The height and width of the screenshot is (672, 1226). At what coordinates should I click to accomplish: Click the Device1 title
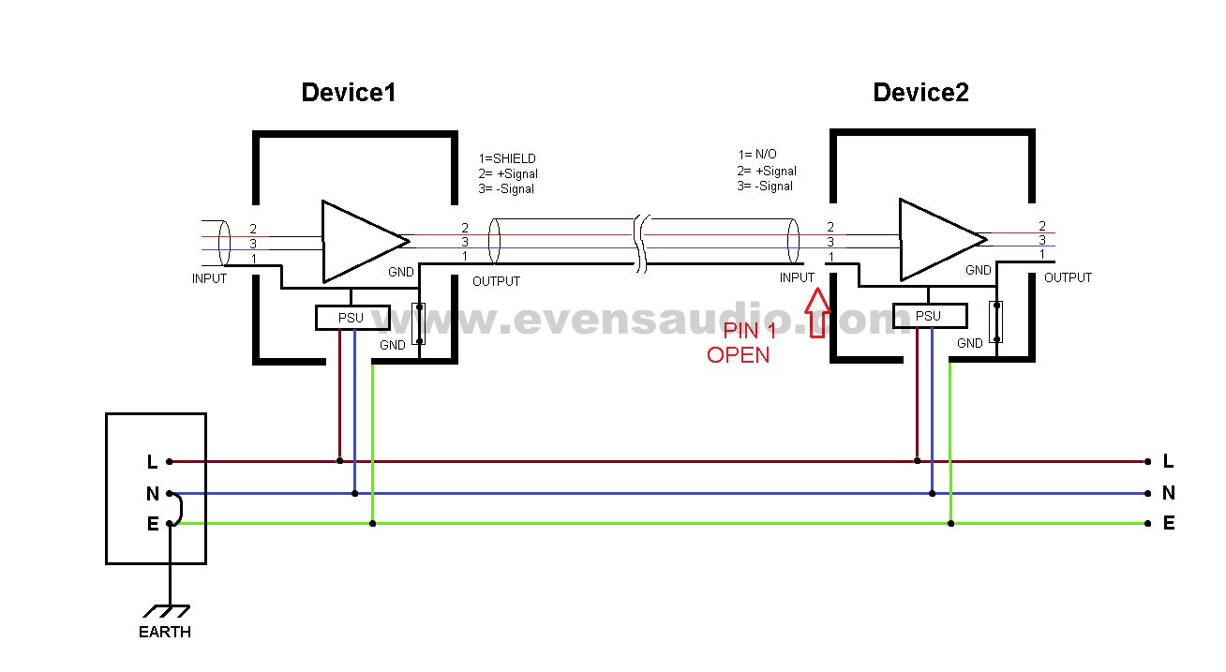click(x=348, y=93)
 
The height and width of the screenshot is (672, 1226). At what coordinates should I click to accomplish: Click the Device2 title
click(x=920, y=93)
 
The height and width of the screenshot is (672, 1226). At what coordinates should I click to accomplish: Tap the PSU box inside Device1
click(x=351, y=318)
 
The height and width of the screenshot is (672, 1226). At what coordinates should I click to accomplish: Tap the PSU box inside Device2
click(x=929, y=316)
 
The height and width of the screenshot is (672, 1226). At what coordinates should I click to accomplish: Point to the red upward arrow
click(x=817, y=311)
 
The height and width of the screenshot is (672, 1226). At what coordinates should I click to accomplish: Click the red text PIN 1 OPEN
click(x=740, y=343)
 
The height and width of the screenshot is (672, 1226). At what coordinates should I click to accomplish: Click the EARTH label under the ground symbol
click(x=165, y=633)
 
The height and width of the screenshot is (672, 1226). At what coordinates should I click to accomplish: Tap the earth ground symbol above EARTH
click(x=170, y=609)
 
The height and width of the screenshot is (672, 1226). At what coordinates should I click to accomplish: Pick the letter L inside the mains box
click(x=152, y=461)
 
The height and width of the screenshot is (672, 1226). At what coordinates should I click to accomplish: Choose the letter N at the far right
click(x=1168, y=493)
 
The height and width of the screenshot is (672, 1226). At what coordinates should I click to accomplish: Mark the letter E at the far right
click(x=1168, y=524)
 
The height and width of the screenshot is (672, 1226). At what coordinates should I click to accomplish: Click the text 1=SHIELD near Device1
click(x=507, y=158)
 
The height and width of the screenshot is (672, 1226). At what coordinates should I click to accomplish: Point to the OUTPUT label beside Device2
click(x=1068, y=278)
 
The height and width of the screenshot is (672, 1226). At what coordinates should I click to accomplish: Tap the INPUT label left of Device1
click(x=209, y=278)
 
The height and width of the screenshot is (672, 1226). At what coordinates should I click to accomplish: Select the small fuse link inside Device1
click(x=419, y=323)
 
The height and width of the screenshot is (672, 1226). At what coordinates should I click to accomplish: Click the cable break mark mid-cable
click(x=639, y=244)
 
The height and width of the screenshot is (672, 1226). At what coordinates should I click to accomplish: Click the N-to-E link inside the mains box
click(x=179, y=509)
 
